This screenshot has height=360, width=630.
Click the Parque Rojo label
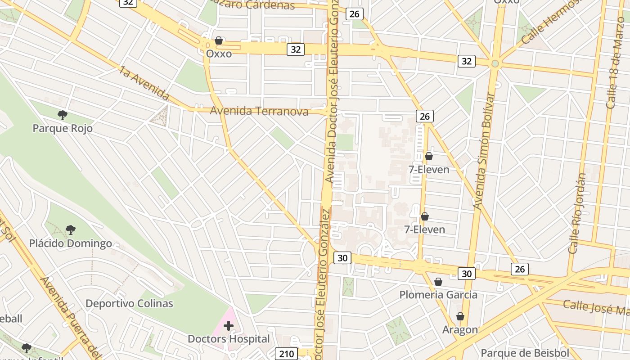point(63,128)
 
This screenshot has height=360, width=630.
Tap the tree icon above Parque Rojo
point(63,115)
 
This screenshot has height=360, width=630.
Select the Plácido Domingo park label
point(70,243)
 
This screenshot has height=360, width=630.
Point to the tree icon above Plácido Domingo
point(70,230)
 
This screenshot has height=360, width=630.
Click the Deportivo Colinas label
point(129,303)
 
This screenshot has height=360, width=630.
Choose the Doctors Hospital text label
point(229,339)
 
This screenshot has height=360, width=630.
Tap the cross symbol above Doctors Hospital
point(229,325)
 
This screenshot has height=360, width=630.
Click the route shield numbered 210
point(286,354)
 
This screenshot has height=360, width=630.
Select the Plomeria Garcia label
point(438,295)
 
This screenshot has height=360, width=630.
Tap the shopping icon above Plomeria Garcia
point(438,282)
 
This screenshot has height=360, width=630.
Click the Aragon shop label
point(460,329)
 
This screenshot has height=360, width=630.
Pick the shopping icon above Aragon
point(460,316)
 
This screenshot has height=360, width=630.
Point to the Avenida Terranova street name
point(259,111)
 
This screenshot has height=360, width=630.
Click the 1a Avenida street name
point(144,83)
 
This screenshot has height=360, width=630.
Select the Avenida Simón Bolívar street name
point(484,151)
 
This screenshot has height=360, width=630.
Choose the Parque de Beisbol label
point(525,353)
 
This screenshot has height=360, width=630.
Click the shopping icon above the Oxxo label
point(219,40)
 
